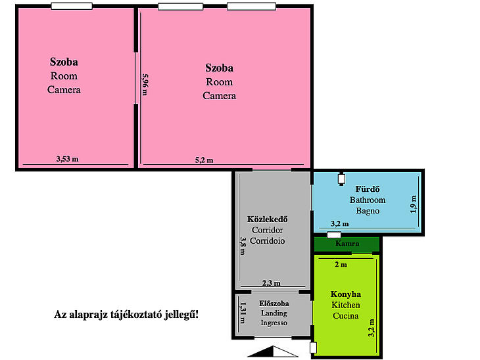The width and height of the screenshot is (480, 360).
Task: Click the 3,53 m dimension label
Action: point(67,159)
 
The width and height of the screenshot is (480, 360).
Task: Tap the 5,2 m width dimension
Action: point(204,160)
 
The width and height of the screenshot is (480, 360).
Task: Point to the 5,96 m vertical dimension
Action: point(145,85)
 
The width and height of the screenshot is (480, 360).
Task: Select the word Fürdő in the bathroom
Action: point(368,189)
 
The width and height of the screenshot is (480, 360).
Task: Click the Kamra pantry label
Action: point(347,244)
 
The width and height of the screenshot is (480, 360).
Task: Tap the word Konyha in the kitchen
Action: point(346,294)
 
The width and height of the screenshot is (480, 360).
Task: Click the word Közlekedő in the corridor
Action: point(267,219)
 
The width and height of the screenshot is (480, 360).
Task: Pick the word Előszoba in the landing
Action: point(274,304)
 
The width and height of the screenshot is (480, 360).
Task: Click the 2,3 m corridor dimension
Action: point(271,283)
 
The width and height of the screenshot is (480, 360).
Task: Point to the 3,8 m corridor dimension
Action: point(243,246)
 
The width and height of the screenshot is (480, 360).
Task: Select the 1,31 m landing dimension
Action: point(243,313)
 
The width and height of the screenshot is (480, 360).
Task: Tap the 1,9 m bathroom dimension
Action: point(414,204)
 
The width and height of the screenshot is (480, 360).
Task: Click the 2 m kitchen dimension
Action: point(341,265)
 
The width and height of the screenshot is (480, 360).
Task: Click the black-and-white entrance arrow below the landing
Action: point(272,351)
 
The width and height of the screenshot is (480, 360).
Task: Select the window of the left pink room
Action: point(72,6)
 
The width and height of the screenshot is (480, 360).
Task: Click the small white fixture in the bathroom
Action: point(341,179)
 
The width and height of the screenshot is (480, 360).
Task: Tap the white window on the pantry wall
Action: point(334,235)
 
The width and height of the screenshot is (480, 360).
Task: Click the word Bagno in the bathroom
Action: point(368,211)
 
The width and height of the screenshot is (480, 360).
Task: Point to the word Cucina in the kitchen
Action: point(346,315)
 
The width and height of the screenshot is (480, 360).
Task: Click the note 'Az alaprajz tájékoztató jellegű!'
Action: point(126,315)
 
